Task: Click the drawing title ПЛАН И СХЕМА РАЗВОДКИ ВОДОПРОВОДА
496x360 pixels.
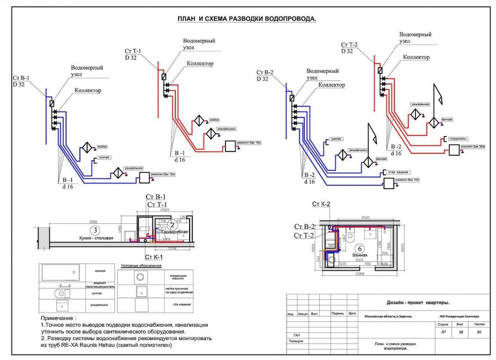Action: click(246, 19)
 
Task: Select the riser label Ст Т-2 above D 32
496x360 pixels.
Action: click(349, 44)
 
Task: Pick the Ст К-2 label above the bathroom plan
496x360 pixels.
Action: click(321, 205)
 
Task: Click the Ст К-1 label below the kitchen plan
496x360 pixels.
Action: click(154, 257)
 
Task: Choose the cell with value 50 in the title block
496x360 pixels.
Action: click(478, 332)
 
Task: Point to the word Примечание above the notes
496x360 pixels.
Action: click(59, 319)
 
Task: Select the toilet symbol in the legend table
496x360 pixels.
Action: click(61, 294)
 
